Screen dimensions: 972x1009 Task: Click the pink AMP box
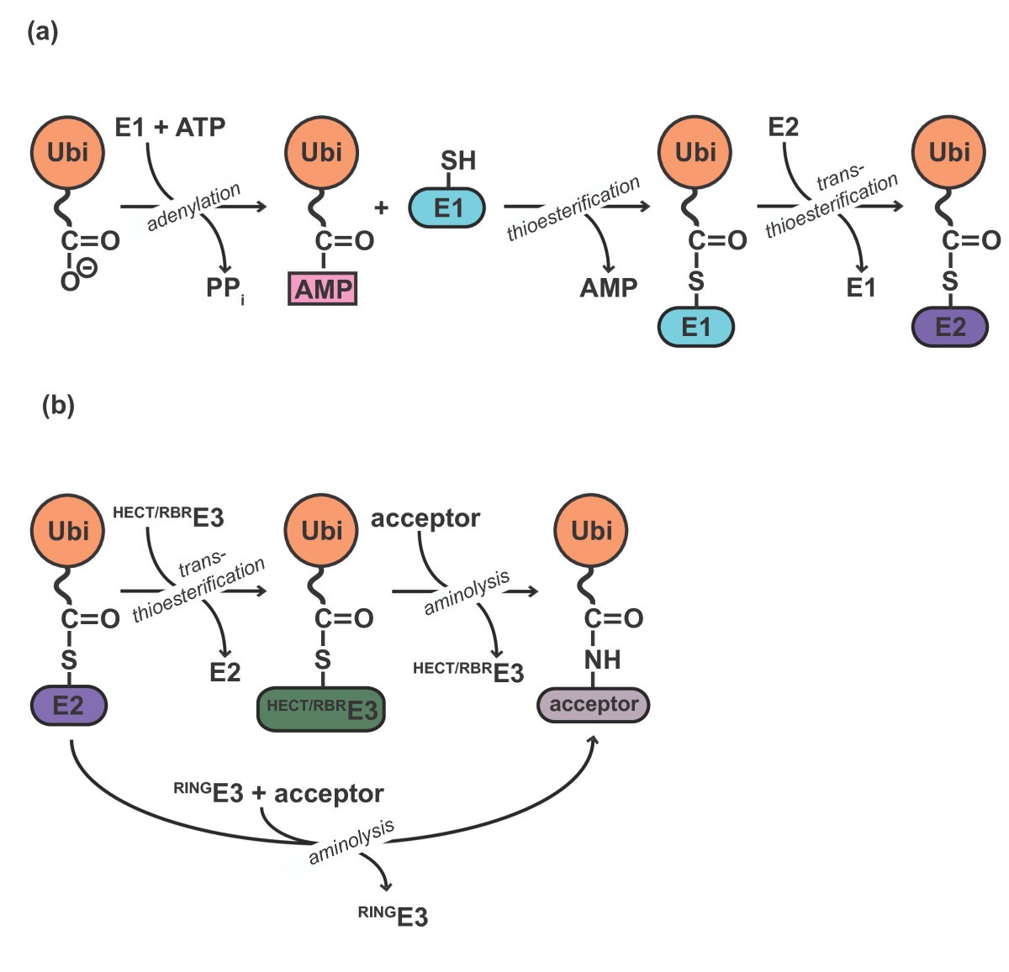pos(323,289)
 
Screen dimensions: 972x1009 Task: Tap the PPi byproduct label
pos(225,288)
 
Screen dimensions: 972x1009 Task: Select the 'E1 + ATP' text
pos(170,128)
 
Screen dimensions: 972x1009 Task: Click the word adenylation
pos(193,207)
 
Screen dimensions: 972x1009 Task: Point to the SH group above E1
pos(457,160)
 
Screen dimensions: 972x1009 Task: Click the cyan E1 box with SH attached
pos(446,208)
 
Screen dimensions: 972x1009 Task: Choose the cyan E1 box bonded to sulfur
pos(695,327)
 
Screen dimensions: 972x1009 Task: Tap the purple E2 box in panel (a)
pos(950,327)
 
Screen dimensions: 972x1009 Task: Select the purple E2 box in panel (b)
pos(69,706)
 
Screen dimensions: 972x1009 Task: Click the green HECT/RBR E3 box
pos(321,709)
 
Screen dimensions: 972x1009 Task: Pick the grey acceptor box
pos(594,705)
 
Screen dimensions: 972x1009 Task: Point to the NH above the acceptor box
pos(602,660)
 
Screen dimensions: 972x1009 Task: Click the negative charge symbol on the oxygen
pos(87,268)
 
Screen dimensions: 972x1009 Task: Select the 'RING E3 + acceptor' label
pos(278,793)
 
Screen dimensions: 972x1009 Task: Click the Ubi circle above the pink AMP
pos(322,153)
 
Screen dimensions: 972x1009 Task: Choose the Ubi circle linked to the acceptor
pos(592,531)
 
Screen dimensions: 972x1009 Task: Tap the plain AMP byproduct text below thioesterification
pos(608,288)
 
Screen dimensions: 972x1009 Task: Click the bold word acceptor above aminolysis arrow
pos(425,518)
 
